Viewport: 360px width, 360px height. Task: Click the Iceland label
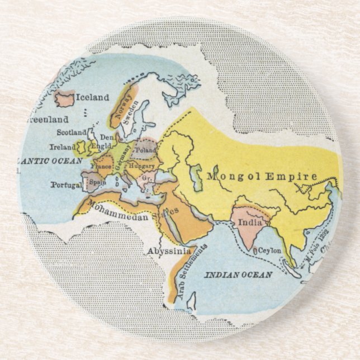pyautogui.click(x=93, y=97)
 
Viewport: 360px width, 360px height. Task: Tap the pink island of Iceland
pyautogui.click(x=65, y=100)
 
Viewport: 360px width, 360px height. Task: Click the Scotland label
pyautogui.click(x=72, y=132)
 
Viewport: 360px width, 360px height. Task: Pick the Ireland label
pyautogui.click(x=61, y=147)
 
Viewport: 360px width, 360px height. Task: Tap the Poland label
pyautogui.click(x=146, y=150)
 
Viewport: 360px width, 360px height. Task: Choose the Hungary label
pyautogui.click(x=141, y=166)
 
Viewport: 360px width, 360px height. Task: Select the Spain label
pyautogui.click(x=98, y=182)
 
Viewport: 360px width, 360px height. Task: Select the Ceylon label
pyautogui.click(x=269, y=251)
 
